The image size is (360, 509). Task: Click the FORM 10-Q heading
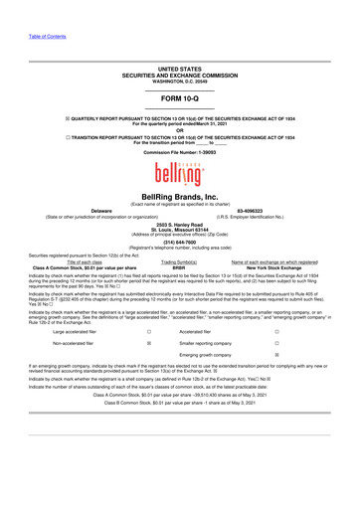[x=180, y=100]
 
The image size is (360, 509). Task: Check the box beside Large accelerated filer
[x=148, y=348]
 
